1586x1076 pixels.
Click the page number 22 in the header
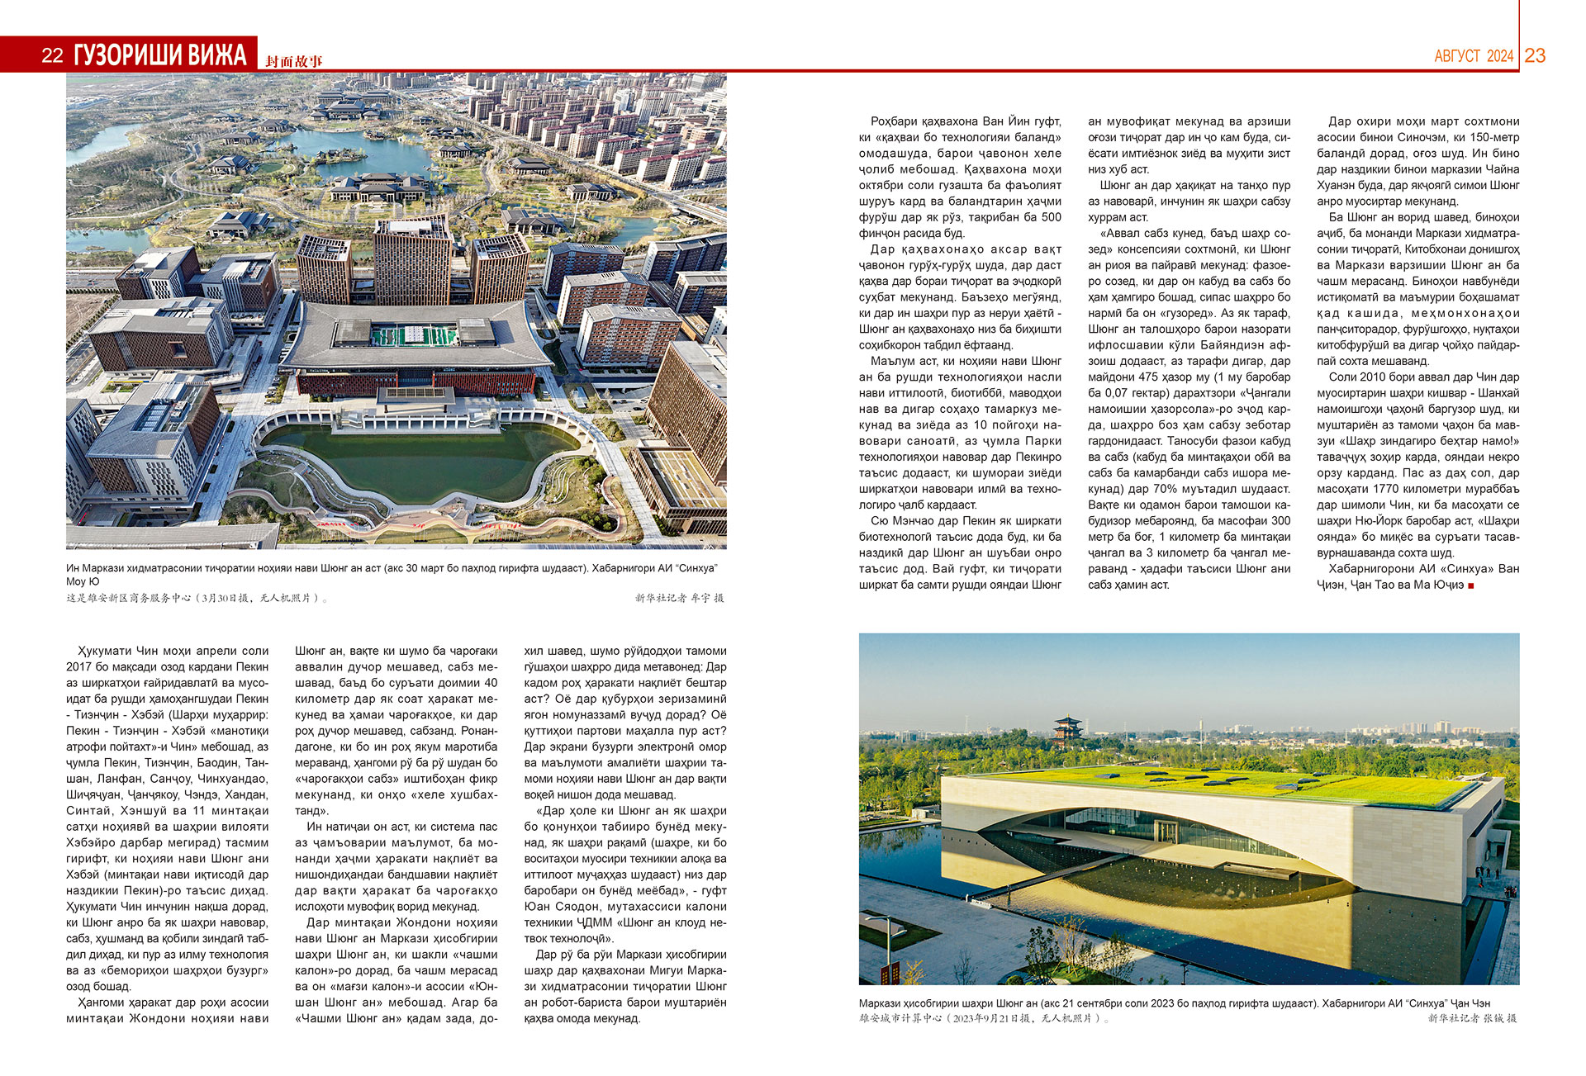point(52,55)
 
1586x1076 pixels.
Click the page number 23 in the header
point(1535,55)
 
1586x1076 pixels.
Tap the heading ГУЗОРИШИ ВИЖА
point(160,55)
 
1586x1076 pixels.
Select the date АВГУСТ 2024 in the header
point(1474,56)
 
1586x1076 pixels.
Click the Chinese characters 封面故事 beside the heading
point(294,61)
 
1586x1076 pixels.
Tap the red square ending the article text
point(1471,585)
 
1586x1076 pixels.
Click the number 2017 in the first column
point(79,666)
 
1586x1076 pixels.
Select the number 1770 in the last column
point(1387,489)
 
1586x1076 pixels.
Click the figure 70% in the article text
point(1166,489)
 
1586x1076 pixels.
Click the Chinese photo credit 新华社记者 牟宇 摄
point(679,598)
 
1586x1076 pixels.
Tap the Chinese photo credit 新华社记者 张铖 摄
point(1472,1018)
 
